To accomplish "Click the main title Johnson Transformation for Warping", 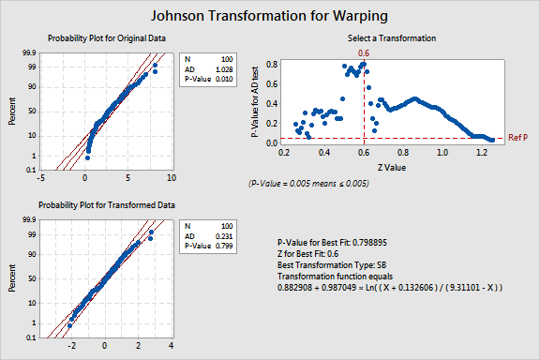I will (270, 16).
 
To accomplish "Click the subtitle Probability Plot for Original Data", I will (102, 37).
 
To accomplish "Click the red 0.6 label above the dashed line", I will (365, 54).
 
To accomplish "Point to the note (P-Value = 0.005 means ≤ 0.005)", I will (308, 183).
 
